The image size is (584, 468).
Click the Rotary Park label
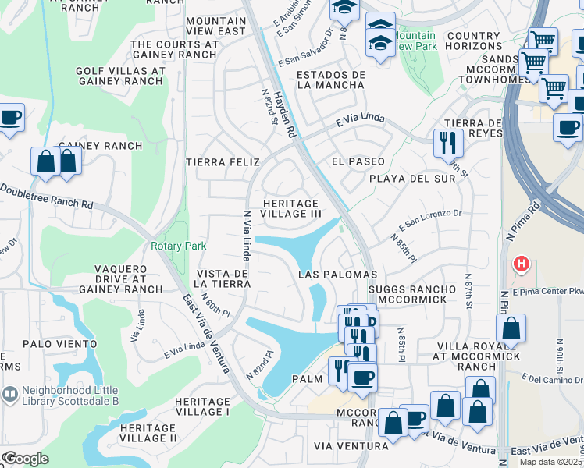[179, 246]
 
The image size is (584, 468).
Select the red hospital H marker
[520, 265]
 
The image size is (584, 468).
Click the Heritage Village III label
[290, 208]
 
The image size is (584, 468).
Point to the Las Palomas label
[339, 275]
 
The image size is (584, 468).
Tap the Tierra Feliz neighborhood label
[223, 161]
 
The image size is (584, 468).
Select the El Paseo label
[358, 161]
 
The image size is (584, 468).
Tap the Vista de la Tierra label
[223, 278]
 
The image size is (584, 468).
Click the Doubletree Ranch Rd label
[47, 197]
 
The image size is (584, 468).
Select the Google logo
[25, 458]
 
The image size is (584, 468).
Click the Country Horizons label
[473, 41]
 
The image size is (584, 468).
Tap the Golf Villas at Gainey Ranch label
[119, 76]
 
